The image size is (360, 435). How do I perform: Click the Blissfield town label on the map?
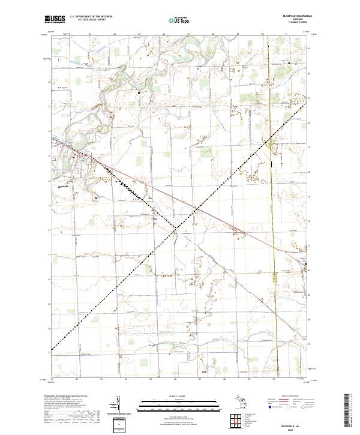click(x=64, y=187)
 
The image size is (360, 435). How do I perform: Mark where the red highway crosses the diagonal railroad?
click(x=196, y=209)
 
